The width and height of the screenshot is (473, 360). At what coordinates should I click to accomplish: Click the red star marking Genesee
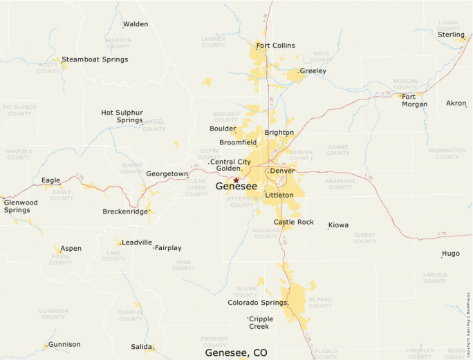point(236,180)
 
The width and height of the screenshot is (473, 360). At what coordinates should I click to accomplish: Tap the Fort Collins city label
point(275,46)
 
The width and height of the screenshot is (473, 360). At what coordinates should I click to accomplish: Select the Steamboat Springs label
point(95,59)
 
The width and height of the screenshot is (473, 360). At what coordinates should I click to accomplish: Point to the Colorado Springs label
point(257,303)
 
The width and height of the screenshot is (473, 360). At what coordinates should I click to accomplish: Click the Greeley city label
point(313,71)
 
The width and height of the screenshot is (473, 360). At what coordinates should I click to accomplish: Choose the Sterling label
point(451,35)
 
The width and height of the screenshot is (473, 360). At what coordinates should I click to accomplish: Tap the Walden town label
point(136,24)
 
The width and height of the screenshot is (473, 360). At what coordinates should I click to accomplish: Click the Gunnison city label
point(64,344)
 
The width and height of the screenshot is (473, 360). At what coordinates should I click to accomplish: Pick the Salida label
point(141,347)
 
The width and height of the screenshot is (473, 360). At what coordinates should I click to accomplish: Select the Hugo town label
point(450,254)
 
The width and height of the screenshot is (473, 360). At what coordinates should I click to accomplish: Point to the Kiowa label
point(338,225)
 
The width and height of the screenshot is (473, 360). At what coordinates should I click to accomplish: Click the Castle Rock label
point(293,222)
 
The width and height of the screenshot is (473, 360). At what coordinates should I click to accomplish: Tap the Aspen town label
point(71,248)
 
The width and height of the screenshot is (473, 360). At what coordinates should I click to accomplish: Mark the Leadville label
point(137,243)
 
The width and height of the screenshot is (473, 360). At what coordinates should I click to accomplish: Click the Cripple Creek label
point(261,323)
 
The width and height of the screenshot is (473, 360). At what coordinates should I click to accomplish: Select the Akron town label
point(456,103)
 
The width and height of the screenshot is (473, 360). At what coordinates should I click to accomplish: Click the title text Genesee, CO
point(236,352)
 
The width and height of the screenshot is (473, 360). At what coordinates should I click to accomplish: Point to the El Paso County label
point(320,302)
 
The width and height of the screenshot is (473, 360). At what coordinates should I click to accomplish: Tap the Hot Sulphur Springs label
point(122,116)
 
